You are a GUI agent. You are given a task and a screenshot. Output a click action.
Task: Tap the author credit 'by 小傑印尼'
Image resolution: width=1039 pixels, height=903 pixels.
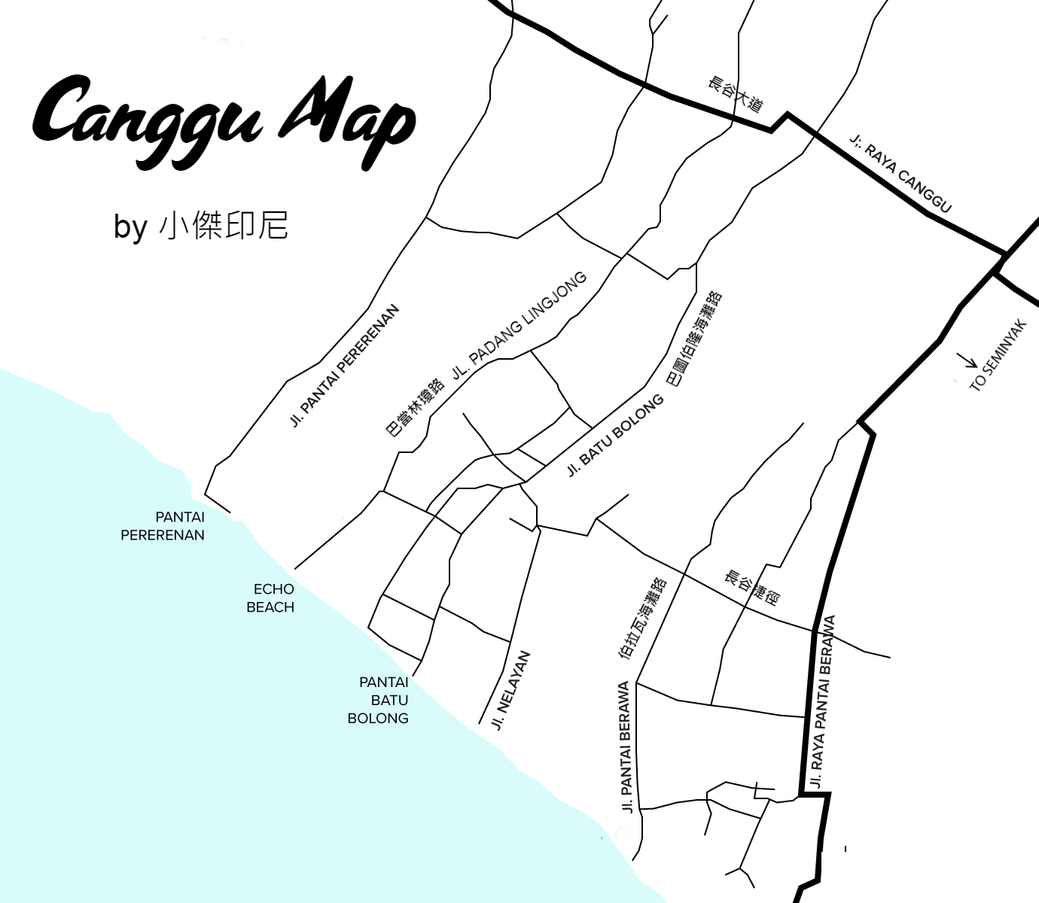201,225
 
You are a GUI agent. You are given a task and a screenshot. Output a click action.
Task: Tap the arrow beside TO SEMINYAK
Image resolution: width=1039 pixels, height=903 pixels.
967,362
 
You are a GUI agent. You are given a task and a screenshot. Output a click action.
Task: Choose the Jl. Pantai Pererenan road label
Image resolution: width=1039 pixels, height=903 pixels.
344,366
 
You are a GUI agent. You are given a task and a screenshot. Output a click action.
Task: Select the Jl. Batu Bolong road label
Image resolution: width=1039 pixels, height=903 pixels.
616,436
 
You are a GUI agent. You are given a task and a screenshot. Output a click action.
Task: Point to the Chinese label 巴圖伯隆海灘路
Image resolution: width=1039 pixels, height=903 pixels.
694,339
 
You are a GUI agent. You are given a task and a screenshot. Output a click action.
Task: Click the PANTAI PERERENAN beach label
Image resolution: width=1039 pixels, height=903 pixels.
163,526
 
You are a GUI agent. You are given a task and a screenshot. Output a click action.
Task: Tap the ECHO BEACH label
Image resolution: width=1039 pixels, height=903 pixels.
271,598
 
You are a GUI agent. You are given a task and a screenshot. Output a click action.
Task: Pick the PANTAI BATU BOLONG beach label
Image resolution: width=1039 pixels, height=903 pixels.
379,700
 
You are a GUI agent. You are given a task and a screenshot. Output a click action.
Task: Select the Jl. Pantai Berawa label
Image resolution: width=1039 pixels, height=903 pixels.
625,746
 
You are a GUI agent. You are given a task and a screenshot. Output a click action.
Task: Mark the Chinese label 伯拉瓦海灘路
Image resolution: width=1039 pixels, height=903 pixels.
642,619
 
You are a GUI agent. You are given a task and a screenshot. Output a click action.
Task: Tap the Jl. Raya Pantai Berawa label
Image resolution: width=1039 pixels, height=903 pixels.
823,701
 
